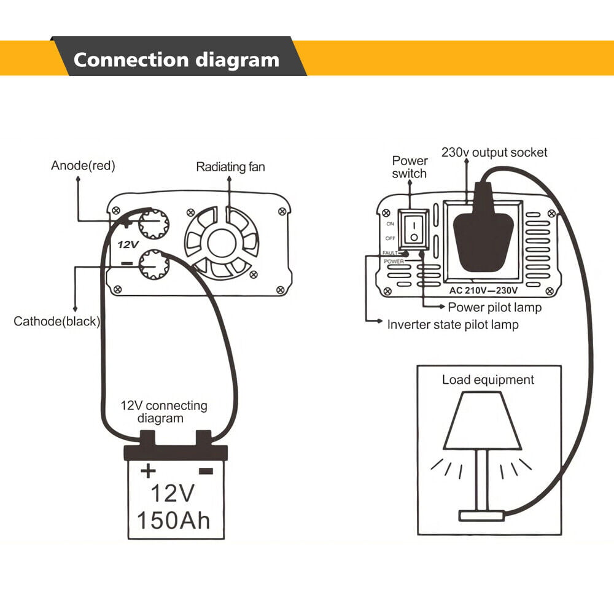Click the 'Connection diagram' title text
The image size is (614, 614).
[x=176, y=60]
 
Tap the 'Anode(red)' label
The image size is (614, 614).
[x=83, y=165]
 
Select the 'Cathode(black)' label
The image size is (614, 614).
[x=56, y=321]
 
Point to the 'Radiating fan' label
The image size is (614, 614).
[x=230, y=166]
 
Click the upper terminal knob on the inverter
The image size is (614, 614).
[x=153, y=225]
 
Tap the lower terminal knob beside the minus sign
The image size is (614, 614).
[x=152, y=264]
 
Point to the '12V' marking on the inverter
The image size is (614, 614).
[x=128, y=244]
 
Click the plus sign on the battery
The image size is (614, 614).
[x=148, y=471]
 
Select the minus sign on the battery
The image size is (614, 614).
[x=205, y=471]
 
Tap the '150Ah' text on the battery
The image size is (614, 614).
[x=173, y=520]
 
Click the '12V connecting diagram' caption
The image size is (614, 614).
[x=163, y=411]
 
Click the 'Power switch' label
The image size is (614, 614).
[x=410, y=167]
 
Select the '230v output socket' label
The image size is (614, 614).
[x=494, y=152]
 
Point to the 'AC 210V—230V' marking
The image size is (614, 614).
[x=483, y=290]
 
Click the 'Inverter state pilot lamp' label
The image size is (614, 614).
[x=453, y=324]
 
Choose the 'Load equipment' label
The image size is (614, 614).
[x=488, y=379]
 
